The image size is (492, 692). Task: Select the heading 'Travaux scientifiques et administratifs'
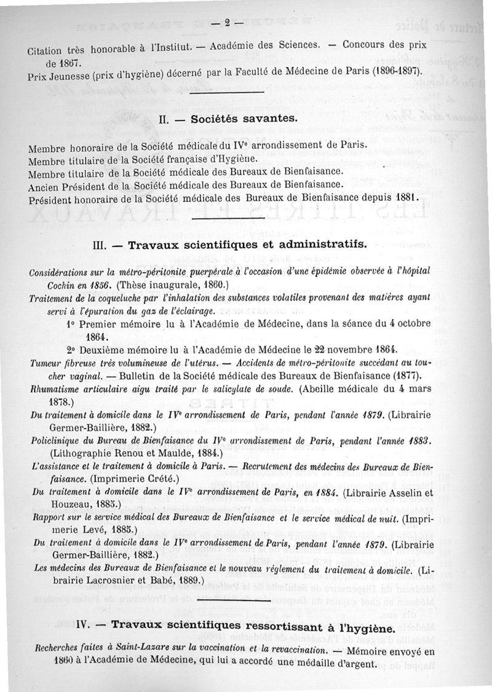[x=247, y=244]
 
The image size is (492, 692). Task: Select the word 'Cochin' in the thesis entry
[x=54, y=285]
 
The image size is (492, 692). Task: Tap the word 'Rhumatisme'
[x=53, y=389]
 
